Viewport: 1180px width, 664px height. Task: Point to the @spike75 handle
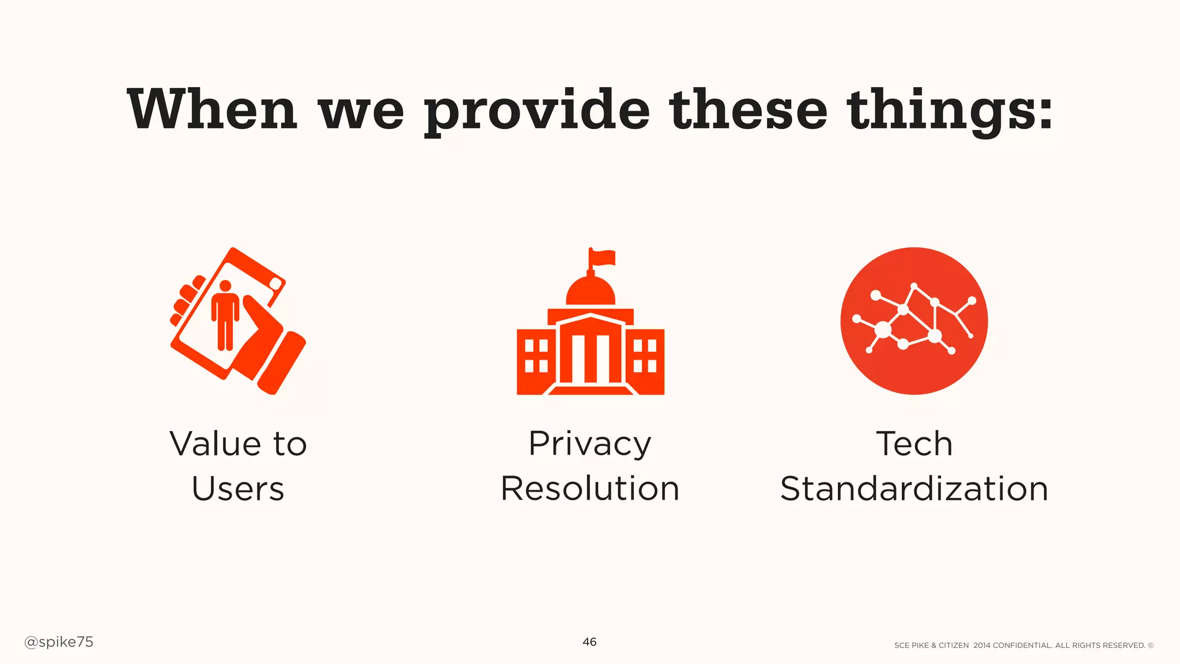(59, 642)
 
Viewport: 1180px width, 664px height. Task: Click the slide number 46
(589, 642)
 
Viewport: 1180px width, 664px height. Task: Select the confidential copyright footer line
(1024, 646)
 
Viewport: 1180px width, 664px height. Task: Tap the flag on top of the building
(603, 258)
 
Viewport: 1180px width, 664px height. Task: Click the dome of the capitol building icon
(591, 291)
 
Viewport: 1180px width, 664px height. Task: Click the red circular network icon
(914, 321)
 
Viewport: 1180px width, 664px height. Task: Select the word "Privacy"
(590, 444)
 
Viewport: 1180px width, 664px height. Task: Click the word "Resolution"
(590, 489)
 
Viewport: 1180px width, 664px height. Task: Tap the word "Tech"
(914, 444)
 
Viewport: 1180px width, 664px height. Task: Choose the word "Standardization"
(914, 489)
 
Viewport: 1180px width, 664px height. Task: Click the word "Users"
(238, 489)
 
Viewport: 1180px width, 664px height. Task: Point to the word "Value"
(215, 444)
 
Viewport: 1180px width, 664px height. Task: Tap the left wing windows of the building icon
(536, 356)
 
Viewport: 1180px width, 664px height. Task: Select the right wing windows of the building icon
(645, 356)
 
